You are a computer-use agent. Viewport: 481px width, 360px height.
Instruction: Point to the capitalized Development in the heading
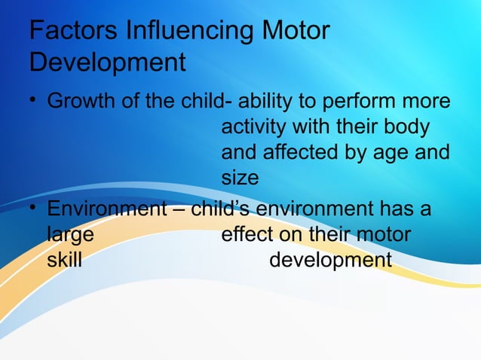click(x=106, y=63)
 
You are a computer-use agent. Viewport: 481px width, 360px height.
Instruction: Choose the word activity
click(x=256, y=128)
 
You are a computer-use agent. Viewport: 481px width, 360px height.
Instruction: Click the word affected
click(x=292, y=154)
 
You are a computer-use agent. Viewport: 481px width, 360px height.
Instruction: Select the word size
click(x=240, y=178)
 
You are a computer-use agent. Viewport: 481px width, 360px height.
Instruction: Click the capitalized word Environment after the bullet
click(x=106, y=208)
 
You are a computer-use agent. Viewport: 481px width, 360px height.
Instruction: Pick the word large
click(x=71, y=235)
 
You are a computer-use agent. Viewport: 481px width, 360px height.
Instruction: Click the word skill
click(x=65, y=260)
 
